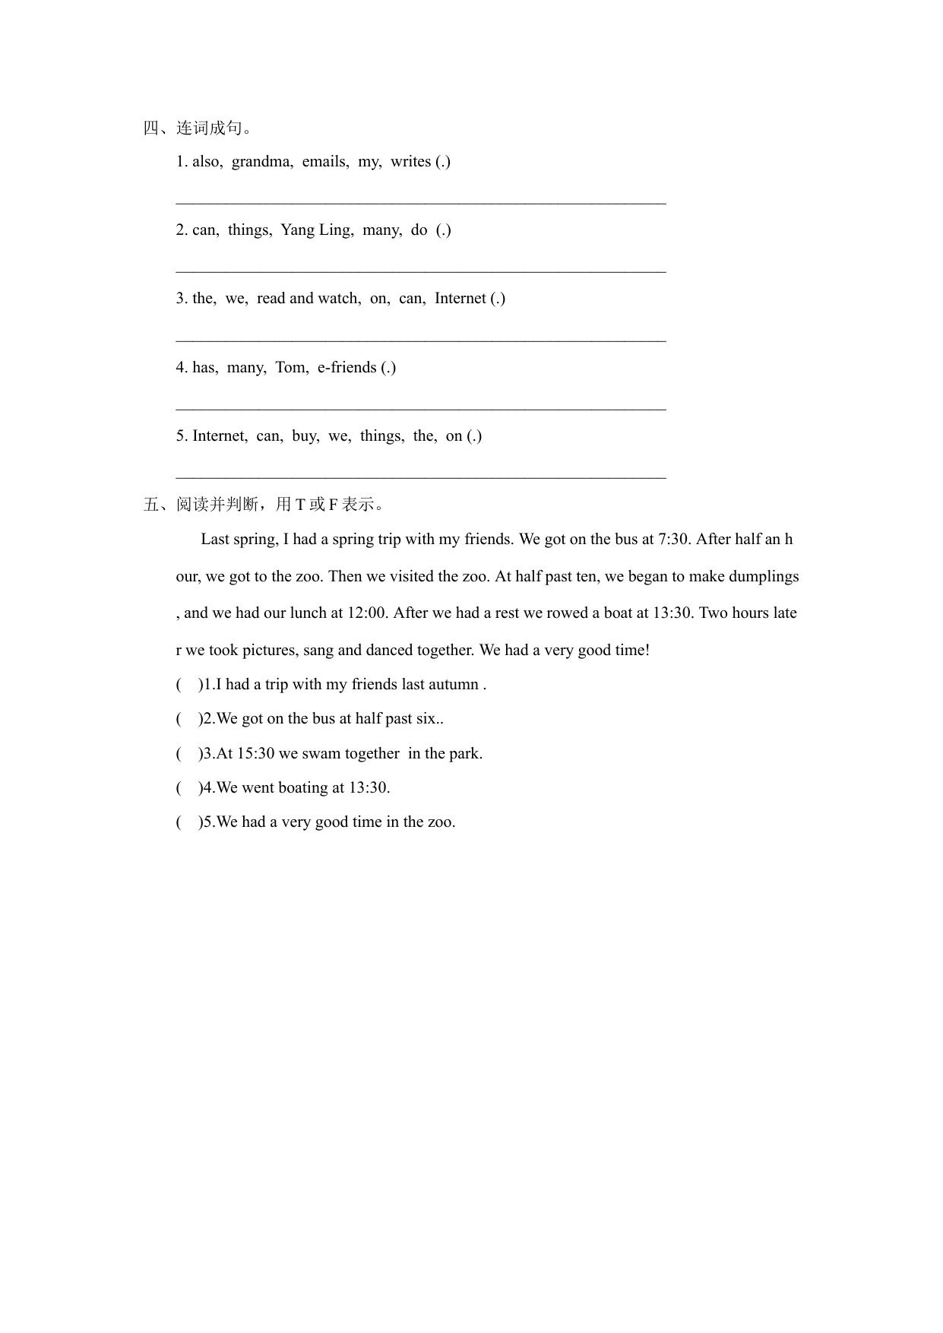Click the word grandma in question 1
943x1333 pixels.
pos(261,161)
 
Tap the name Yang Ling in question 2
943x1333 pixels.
pos(316,230)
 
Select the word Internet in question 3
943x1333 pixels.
pos(460,298)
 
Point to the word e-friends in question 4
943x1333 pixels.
pos(347,367)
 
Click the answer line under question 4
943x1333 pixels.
pos(420,409)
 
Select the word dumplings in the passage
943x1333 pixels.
pos(764,576)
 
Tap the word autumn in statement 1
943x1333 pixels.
pos(453,684)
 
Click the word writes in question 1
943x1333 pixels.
pos(410,161)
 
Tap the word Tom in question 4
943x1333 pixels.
pos(291,367)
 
